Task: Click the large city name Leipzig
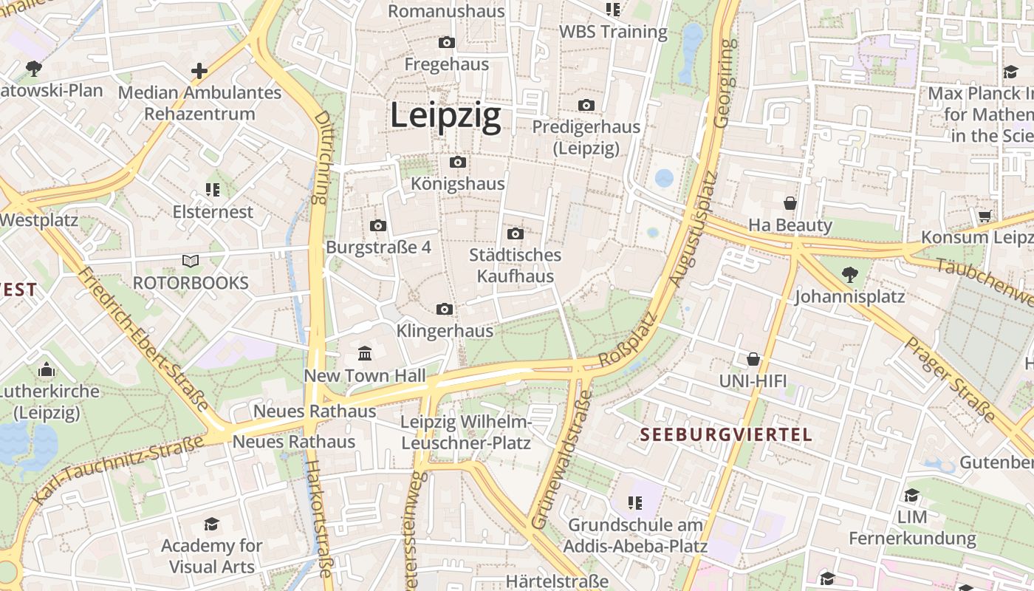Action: pos(445,116)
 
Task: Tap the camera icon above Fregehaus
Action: pos(447,43)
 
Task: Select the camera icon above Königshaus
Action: pos(458,162)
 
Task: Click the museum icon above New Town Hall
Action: pos(365,353)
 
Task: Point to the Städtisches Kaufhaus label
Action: pos(516,266)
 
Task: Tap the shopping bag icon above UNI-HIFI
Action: pos(753,359)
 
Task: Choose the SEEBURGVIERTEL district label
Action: pos(726,434)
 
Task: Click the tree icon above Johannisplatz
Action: pos(849,275)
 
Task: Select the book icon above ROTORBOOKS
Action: pos(191,261)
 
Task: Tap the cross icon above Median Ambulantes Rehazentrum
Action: pos(199,71)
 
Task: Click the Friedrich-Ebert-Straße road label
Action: pos(143,339)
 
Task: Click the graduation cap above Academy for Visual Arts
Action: pos(212,525)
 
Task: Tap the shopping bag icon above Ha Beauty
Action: pos(790,202)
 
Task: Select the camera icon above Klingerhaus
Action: pos(445,309)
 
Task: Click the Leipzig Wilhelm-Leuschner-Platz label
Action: pos(465,432)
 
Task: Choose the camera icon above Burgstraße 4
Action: pos(378,225)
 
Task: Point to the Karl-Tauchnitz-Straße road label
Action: pos(118,469)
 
